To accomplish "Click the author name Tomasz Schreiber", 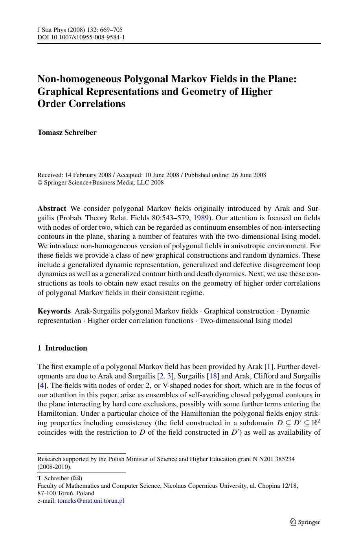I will coord(67,133).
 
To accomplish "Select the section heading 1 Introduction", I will coord(62,348).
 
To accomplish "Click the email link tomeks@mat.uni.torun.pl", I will coord(91,501).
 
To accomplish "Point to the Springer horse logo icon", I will coord(293,522).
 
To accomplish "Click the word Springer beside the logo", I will coord(309,522).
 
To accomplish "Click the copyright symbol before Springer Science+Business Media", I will coord(40,183).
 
